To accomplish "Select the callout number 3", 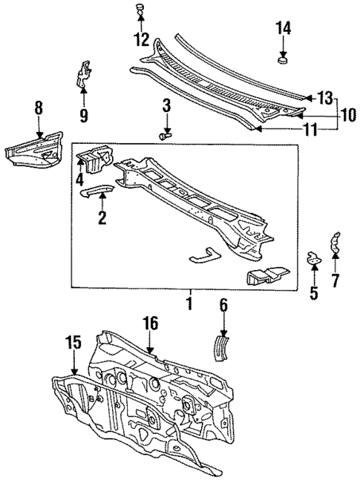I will pyautogui.click(x=166, y=105).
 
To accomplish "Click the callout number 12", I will pyautogui.click(x=140, y=39).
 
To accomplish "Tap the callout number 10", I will pyautogui.click(x=347, y=114).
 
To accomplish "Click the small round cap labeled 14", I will pyautogui.click(x=283, y=59).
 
